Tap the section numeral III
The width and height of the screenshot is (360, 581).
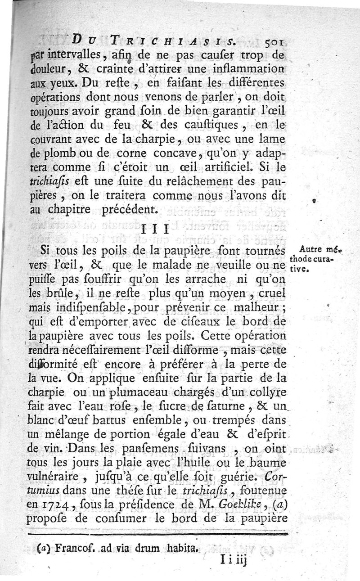click(154, 229)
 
